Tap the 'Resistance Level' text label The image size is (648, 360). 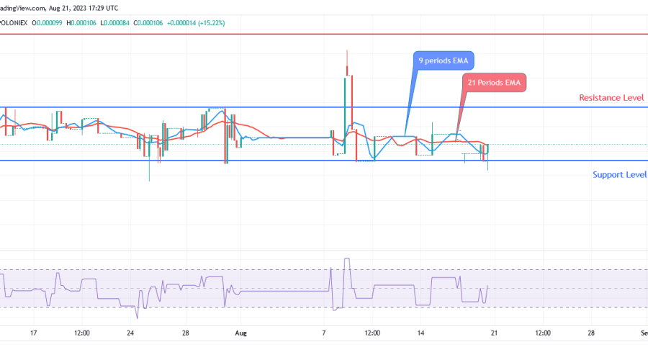pyautogui.click(x=612, y=98)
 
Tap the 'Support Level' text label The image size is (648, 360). pyautogui.click(x=619, y=174)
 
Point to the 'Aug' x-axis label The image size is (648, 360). pyautogui.click(x=240, y=333)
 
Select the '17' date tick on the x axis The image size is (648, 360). pyautogui.click(x=33, y=333)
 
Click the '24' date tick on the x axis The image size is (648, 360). pyautogui.click(x=130, y=333)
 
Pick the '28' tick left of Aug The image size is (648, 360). pyautogui.click(x=185, y=333)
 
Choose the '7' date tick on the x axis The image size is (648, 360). pyautogui.click(x=324, y=333)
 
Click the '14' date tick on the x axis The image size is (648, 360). pyautogui.click(x=420, y=333)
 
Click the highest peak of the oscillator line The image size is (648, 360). pyautogui.click(x=348, y=258)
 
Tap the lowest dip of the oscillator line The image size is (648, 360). pyautogui.click(x=137, y=318)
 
